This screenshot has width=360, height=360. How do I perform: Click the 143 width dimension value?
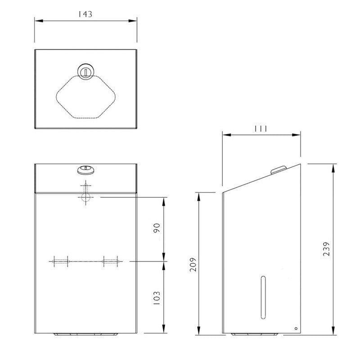[x=85, y=14]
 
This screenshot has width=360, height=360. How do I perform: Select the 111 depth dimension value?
[x=261, y=129]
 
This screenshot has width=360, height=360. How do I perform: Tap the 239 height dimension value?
[x=326, y=249]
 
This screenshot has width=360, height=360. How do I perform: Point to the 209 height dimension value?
[x=193, y=265]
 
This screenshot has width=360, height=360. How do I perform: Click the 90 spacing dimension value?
[x=157, y=228]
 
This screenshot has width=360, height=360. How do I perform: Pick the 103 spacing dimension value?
[x=157, y=298]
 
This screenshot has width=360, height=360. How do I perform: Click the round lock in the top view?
[x=85, y=71]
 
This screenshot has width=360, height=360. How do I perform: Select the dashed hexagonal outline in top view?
[x=85, y=97]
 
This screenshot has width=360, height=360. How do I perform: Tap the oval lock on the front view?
[x=85, y=170]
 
